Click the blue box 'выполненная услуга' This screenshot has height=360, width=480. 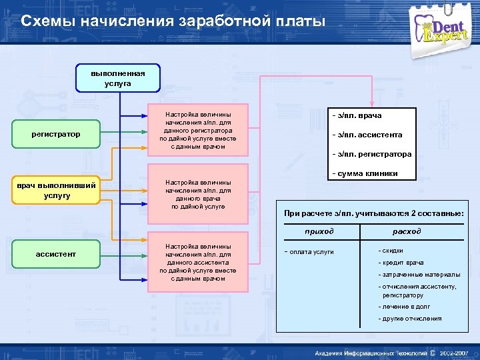118,78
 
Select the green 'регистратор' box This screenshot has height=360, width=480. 56,135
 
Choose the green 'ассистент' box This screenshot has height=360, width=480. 56,254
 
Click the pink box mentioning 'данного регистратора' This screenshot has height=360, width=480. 197,131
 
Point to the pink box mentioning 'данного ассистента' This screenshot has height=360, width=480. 197,262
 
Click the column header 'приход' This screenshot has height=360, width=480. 319,231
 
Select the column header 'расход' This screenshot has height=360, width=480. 407,231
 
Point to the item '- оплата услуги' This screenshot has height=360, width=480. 309,251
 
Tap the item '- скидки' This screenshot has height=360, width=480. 391,251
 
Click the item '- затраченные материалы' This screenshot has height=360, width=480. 419,275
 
